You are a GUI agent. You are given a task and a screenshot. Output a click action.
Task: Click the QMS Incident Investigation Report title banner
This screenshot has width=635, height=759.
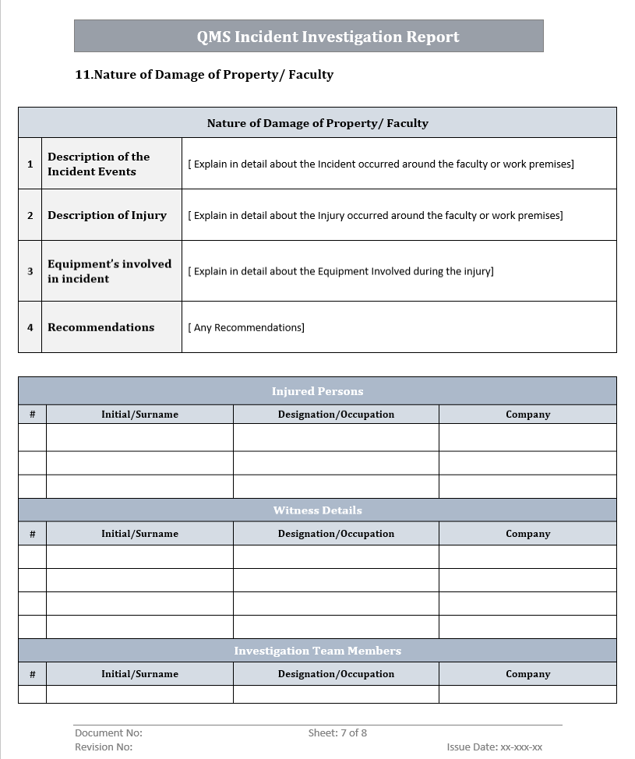tap(328, 37)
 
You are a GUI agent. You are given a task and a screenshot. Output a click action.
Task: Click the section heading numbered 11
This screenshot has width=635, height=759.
tap(204, 75)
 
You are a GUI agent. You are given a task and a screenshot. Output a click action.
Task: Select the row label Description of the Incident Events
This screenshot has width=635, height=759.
tap(99, 164)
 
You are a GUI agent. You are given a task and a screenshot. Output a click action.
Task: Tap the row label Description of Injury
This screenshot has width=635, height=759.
tap(107, 215)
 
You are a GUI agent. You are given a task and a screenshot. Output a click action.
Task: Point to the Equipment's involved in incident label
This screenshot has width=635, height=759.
tap(109, 271)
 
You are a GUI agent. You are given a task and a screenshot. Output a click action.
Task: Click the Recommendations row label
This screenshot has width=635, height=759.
tap(101, 327)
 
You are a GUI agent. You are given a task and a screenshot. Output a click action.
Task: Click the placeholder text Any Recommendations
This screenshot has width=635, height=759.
tap(246, 327)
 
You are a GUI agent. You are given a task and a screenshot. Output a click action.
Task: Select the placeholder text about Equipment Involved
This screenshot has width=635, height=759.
tap(340, 271)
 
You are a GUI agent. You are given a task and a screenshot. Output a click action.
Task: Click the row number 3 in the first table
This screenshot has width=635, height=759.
tap(30, 271)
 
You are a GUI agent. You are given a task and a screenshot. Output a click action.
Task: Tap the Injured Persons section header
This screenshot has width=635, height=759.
tap(317, 391)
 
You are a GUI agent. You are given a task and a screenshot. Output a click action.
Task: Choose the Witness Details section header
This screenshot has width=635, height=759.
tap(317, 510)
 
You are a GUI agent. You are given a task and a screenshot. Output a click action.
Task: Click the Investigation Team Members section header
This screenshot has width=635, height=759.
tap(317, 651)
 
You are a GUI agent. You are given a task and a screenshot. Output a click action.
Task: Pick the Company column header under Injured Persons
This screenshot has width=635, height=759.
tap(527, 415)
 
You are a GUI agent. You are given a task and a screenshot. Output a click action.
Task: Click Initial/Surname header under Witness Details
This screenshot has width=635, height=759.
tap(139, 534)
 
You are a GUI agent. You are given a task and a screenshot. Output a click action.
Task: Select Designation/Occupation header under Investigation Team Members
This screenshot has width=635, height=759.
tap(336, 674)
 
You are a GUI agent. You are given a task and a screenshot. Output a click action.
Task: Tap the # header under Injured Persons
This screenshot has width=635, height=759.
tap(32, 415)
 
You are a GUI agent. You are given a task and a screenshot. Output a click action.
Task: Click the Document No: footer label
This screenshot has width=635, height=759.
tap(108, 733)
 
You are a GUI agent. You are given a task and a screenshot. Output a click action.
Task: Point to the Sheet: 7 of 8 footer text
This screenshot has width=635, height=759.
tap(337, 733)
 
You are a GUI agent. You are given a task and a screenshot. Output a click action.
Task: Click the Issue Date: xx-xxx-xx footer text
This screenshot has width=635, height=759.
tap(494, 747)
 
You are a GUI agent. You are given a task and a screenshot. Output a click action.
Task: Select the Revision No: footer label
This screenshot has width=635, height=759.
tap(104, 747)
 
